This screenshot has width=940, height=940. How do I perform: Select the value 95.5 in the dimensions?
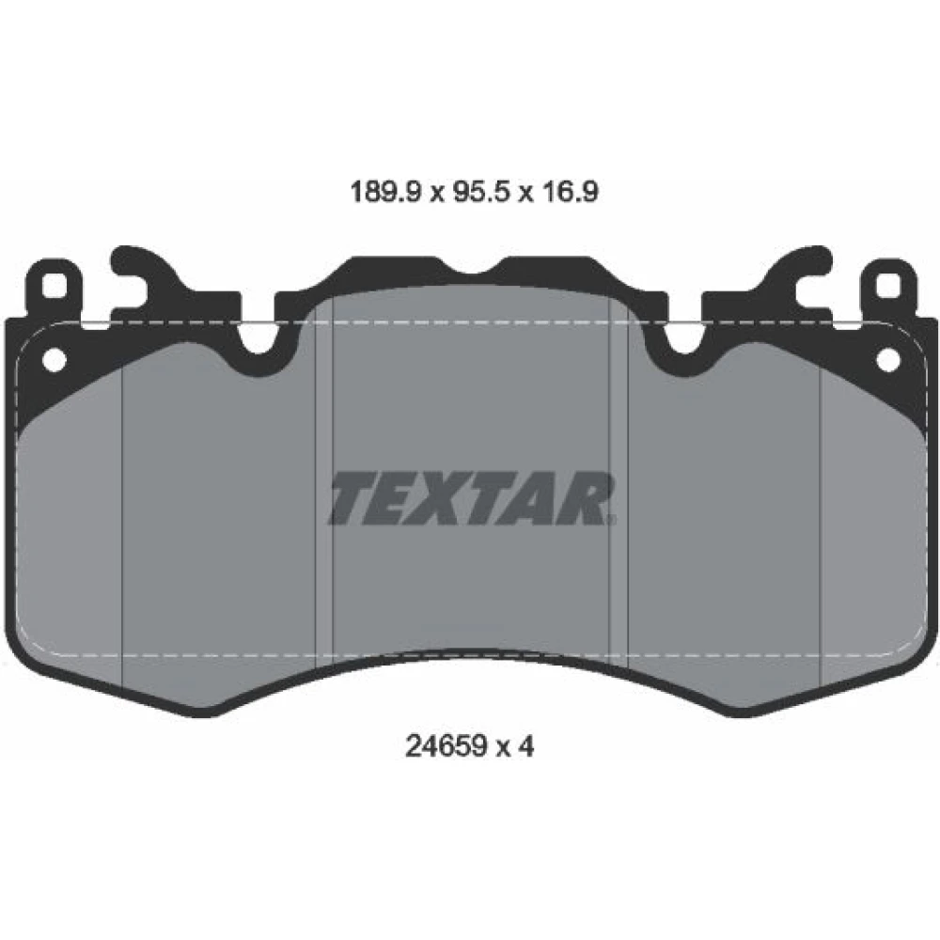coord(480,192)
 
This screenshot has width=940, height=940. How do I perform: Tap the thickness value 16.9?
coord(570,192)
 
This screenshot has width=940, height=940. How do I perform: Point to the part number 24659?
coord(446,746)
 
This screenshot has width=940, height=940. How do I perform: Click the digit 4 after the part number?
coord(525,746)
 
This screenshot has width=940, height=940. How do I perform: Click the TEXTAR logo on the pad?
coord(471,498)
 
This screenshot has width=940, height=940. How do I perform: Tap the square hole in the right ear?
coord(888,285)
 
